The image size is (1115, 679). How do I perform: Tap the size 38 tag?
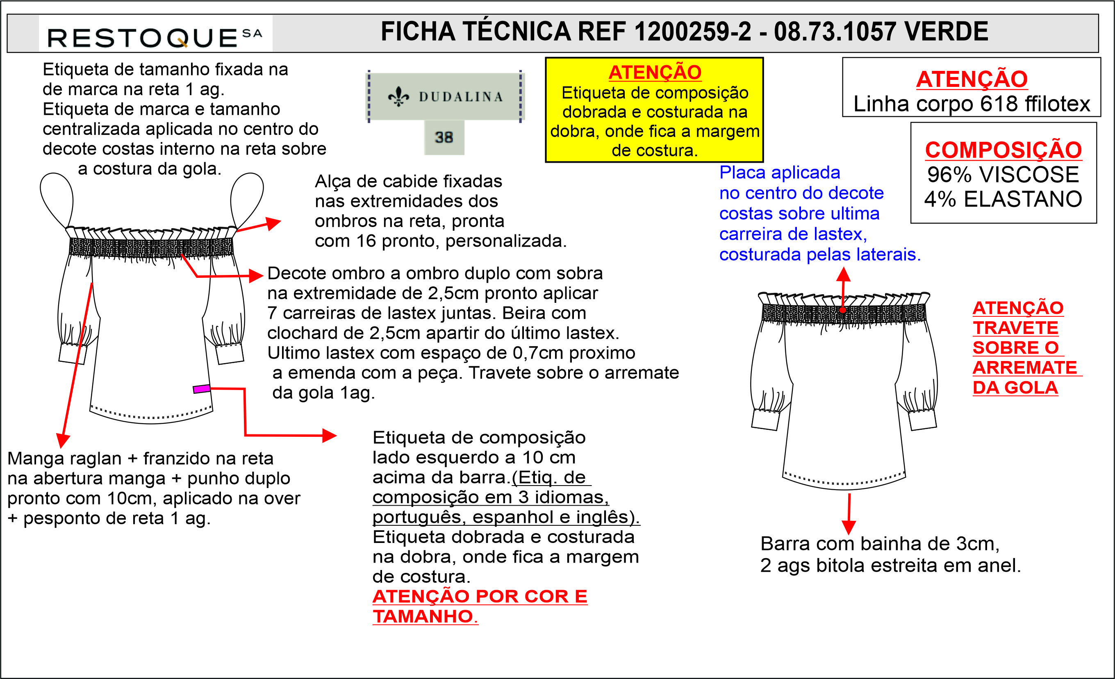(444, 137)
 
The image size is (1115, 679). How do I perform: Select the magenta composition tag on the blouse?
(201, 388)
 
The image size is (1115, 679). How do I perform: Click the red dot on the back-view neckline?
(842, 310)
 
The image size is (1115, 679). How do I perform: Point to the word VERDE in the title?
(946, 32)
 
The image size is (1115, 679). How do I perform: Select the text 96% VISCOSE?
(1003, 175)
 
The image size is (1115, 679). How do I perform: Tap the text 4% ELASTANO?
(1003, 199)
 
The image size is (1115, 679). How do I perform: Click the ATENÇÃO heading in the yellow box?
(654, 73)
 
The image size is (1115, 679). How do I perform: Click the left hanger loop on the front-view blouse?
(57, 199)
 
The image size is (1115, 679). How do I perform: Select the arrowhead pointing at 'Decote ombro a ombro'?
(257, 275)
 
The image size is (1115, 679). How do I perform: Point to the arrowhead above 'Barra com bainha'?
(849, 527)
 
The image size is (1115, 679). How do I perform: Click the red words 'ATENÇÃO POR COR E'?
(480, 596)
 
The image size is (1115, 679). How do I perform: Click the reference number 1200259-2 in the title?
(692, 32)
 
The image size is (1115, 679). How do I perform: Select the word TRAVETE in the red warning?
(1015, 327)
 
